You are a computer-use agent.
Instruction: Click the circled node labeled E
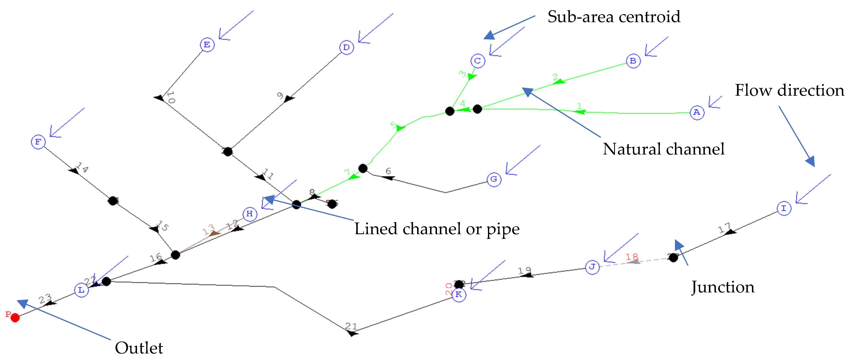coord(207,45)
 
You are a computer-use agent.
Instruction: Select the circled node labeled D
coord(346,48)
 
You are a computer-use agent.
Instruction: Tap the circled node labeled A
coord(697,113)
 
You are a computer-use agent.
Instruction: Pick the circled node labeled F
coord(38,142)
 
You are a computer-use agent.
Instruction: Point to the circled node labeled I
coord(784,209)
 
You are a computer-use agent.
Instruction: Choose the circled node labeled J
coord(592,267)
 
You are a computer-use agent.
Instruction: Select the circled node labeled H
coord(250,214)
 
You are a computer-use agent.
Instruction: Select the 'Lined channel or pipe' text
coord(437,229)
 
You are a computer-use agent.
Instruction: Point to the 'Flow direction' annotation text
coord(789,90)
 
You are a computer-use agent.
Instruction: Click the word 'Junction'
coord(722,287)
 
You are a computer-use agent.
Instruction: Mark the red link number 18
coord(632,257)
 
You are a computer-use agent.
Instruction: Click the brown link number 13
coord(208,229)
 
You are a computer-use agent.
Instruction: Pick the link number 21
coord(351,326)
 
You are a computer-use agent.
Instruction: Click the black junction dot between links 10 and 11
coord(228,152)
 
